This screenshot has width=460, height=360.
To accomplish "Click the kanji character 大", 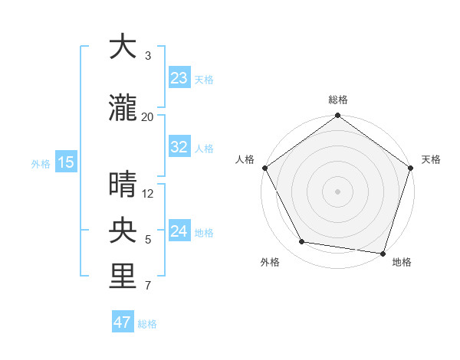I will pos(123,47).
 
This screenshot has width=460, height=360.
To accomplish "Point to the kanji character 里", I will pos(123,277).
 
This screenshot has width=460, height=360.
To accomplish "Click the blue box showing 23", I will pos(179,78).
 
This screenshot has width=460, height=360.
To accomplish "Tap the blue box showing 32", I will pos(179,147).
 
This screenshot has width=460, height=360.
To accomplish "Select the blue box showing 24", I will pos(179,231).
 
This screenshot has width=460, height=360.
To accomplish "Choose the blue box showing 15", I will pos(65,162).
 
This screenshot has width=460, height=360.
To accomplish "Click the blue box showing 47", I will pos(123,322).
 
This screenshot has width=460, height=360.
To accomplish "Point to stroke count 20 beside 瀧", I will pos(148,116).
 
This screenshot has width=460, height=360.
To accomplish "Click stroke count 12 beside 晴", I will pos(148,193).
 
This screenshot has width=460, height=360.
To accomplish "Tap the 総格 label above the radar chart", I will pos(337,100).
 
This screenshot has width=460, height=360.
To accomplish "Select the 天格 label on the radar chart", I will pos(431,159).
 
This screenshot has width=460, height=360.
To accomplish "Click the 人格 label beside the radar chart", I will pos(245,159).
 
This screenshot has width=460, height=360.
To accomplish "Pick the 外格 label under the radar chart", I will pos(270,262).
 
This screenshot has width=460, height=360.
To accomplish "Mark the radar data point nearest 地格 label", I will pos(383,253).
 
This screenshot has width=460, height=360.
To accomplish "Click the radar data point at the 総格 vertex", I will pos(337,116).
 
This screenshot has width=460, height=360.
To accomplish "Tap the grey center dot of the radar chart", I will pos(337,191).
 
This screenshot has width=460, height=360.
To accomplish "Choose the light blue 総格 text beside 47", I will pos(147,324).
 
